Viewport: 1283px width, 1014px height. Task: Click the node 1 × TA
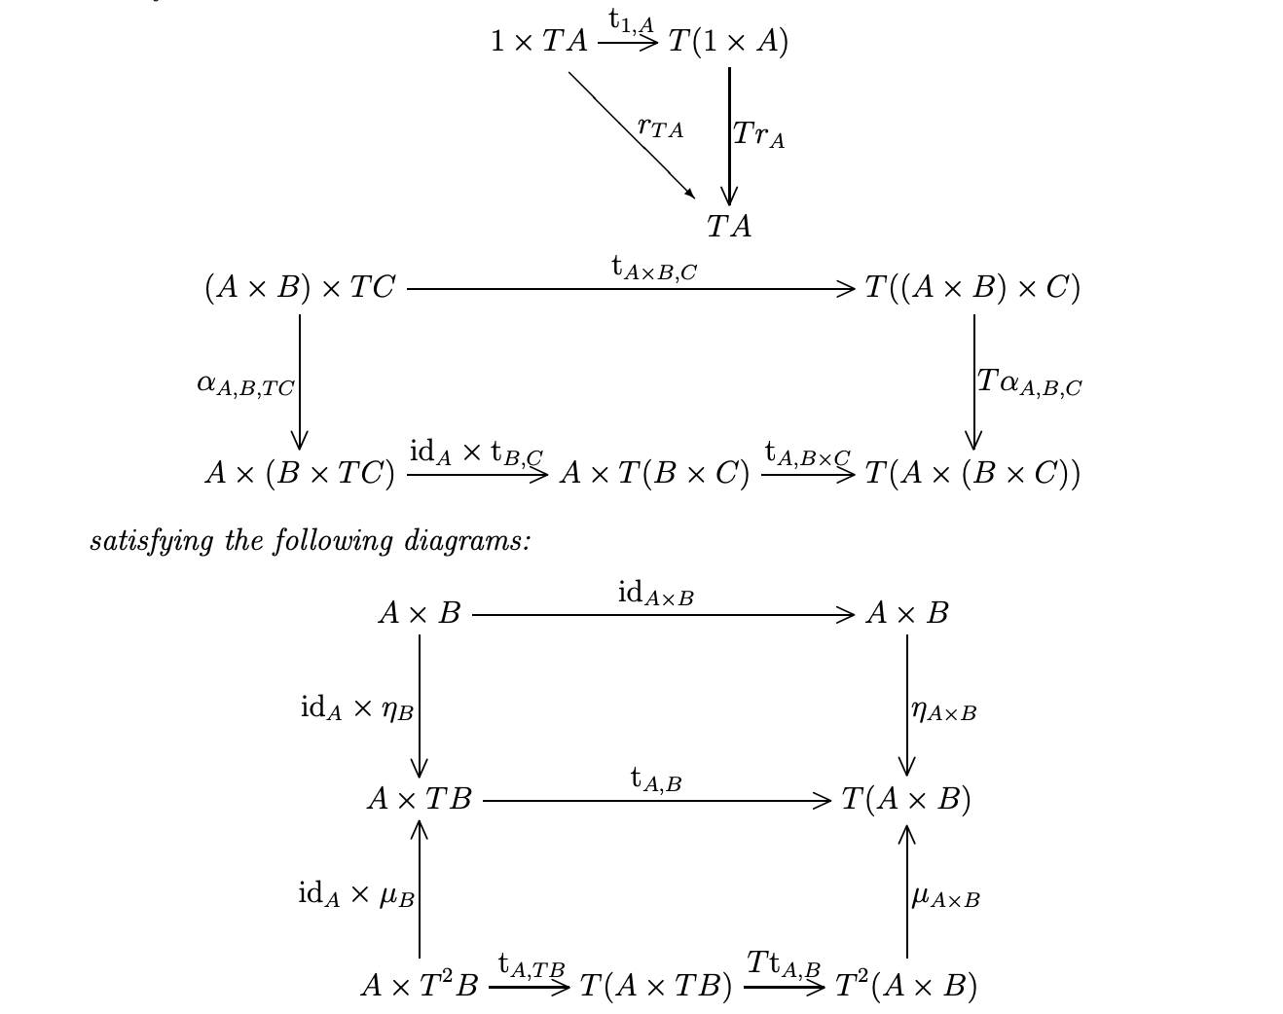tap(539, 42)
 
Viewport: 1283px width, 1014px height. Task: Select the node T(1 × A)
tap(728, 42)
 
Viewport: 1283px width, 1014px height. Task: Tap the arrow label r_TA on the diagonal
tap(660, 127)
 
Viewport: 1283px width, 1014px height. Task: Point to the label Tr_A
tap(758, 134)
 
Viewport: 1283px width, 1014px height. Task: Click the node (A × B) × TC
tap(300, 288)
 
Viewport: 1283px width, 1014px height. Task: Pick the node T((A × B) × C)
tap(972, 288)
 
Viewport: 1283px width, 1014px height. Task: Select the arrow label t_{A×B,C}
tap(654, 268)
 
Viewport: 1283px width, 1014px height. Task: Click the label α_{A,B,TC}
tap(245, 385)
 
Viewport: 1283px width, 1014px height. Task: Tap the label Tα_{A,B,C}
tap(1029, 382)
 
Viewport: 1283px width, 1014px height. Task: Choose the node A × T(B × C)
tap(654, 474)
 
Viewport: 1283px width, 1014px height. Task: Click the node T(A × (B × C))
tap(972, 474)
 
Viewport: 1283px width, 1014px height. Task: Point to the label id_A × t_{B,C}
tap(476, 453)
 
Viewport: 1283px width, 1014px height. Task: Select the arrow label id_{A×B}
tap(656, 593)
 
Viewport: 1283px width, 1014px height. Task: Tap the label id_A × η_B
tap(357, 709)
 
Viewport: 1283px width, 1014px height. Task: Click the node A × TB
tap(420, 800)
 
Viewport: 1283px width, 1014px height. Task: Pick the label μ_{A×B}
tap(945, 897)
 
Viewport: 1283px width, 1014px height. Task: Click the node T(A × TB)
tap(655, 987)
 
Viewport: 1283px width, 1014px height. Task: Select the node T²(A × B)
tap(906, 987)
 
